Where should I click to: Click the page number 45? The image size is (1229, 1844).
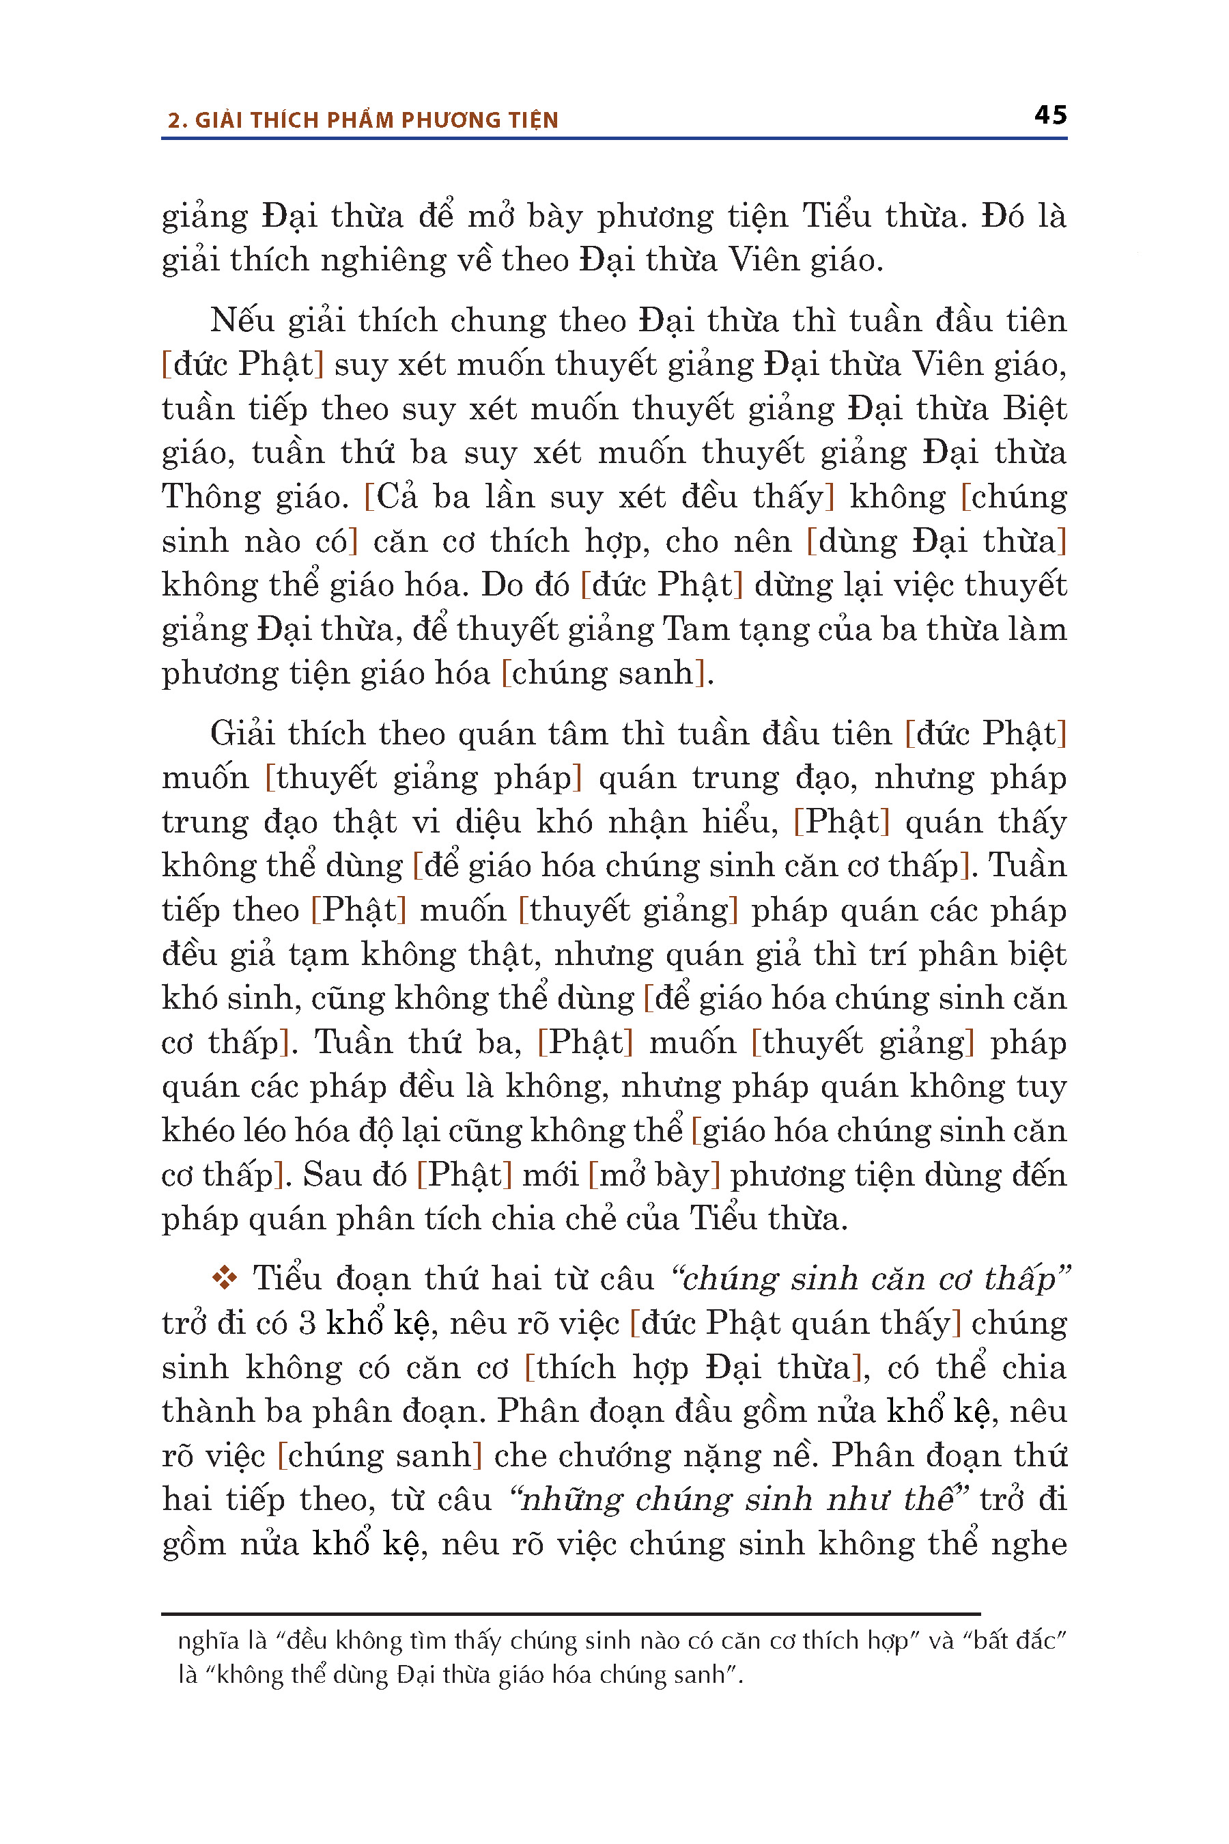1050,115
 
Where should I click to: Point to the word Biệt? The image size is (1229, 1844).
1034,409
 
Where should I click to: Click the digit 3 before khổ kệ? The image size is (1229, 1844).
308,1324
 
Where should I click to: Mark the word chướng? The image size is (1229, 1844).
614,1456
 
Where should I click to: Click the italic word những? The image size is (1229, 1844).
571,1500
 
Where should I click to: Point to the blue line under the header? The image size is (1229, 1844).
614,139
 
